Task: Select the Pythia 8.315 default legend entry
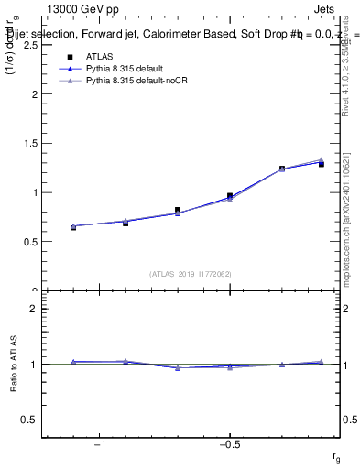[118, 69]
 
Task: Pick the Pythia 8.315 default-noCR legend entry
[127, 82]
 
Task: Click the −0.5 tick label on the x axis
[229, 445]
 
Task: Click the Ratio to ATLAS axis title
[14, 364]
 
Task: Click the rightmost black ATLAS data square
[322, 164]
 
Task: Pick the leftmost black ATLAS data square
[73, 226]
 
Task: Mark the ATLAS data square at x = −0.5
[230, 195]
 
